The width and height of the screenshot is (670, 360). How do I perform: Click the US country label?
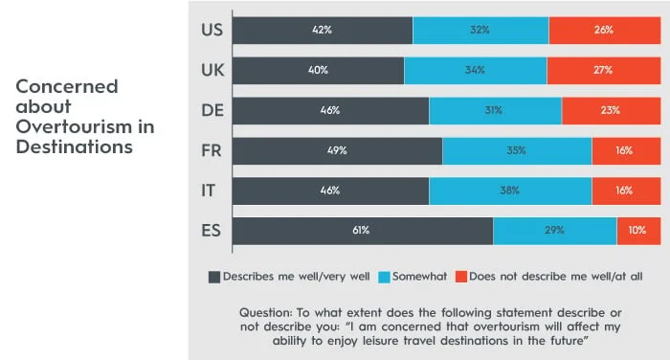212,30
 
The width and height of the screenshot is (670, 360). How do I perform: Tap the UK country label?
212,70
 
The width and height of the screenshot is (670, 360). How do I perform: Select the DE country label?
212,110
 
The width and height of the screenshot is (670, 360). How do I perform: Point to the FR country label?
212,150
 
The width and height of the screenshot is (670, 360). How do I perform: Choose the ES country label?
212,231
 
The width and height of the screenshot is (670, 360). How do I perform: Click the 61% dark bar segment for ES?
362,231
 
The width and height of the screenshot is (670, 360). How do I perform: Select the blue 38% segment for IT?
510,191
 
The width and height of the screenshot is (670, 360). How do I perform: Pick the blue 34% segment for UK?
475,70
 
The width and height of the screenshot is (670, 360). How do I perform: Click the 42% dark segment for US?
322,30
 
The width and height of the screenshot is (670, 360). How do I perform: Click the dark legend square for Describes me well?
214,277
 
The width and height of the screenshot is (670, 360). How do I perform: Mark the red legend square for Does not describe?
460,277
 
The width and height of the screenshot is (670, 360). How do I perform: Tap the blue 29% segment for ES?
554,231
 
